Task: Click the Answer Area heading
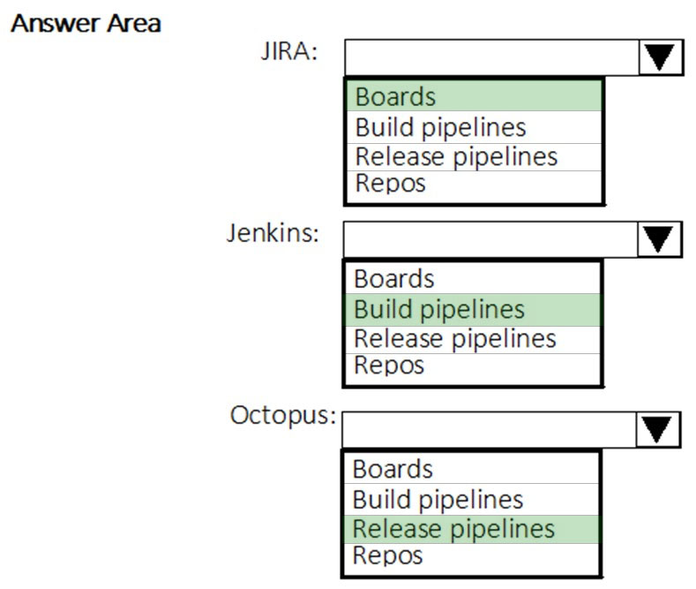pos(86,24)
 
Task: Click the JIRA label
pos(289,51)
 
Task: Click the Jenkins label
pos(273,233)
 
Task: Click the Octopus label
pos(283,416)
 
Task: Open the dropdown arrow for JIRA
pos(661,57)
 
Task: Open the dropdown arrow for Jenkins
pos(659,239)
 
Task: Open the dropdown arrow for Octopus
pos(657,429)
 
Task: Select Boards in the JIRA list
pos(395,97)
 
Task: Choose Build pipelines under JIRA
pos(440,128)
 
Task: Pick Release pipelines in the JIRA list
pos(456,157)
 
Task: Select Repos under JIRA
pos(390,184)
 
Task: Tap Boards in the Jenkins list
pos(393,279)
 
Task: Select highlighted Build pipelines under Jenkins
pos(439,310)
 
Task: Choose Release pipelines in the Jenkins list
pos(455,339)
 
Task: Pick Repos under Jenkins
pos(389,366)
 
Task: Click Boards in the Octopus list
pos(393,469)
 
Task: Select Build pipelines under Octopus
pos(438,500)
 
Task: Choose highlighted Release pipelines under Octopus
pos(453,529)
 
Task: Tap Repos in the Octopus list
pos(387,555)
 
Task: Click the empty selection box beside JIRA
pos(492,57)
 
